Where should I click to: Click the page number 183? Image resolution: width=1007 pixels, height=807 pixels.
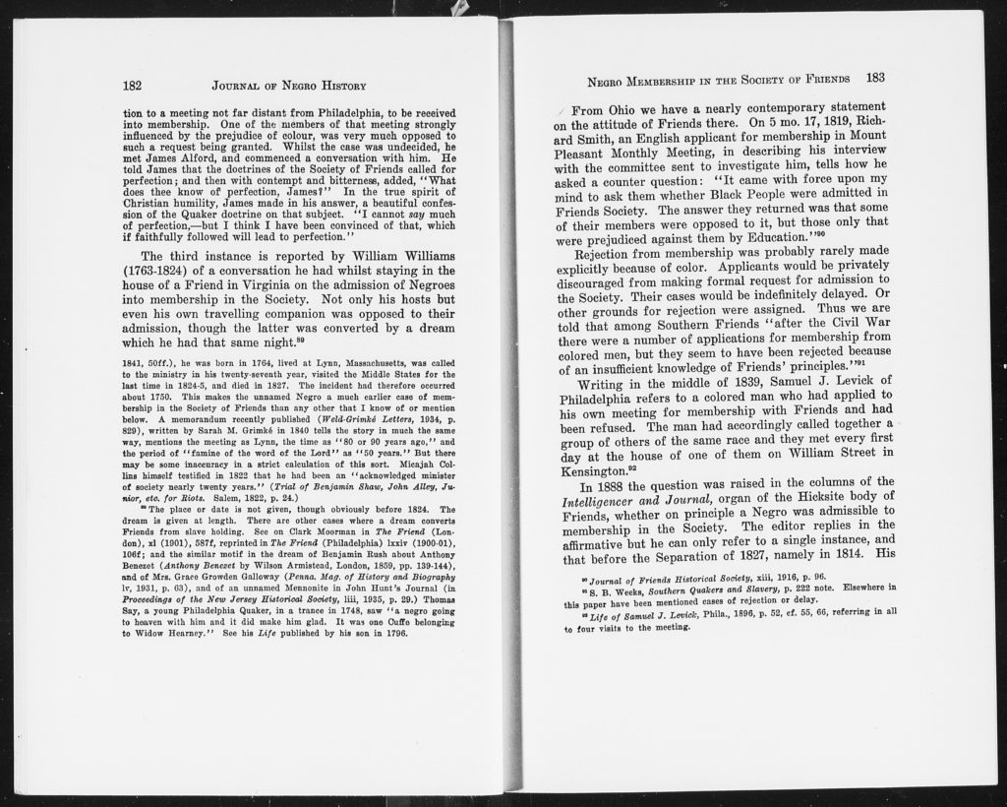point(875,78)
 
